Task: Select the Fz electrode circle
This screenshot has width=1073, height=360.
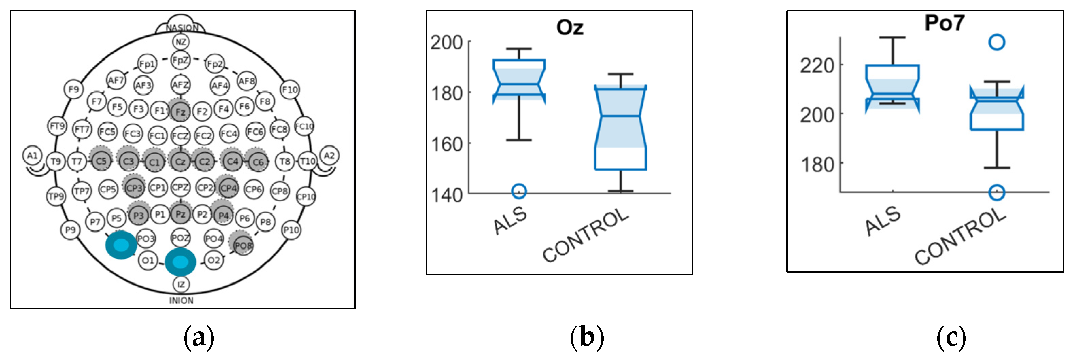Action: click(x=180, y=112)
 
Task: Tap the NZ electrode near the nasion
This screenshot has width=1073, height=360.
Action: click(x=181, y=42)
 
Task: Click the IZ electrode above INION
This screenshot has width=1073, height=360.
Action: click(x=181, y=285)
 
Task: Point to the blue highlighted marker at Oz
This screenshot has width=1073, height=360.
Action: click(x=180, y=262)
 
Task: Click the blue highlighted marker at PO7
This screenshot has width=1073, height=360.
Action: click(x=121, y=245)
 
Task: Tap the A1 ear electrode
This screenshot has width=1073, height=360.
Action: click(x=33, y=156)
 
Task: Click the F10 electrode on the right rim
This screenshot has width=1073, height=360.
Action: click(x=290, y=90)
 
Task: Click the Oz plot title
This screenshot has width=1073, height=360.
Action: click(x=570, y=28)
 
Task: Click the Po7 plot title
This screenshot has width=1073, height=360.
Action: click(x=944, y=22)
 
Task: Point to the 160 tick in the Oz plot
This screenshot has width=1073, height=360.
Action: click(x=447, y=144)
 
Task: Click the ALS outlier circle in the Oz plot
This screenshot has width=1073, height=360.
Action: click(x=519, y=191)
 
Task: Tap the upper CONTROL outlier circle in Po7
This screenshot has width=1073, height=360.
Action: click(x=997, y=42)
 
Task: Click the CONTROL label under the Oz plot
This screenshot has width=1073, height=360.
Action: click(x=585, y=236)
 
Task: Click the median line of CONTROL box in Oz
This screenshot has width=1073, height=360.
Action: click(x=620, y=116)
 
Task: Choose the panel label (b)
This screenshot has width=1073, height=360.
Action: click(x=587, y=337)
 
